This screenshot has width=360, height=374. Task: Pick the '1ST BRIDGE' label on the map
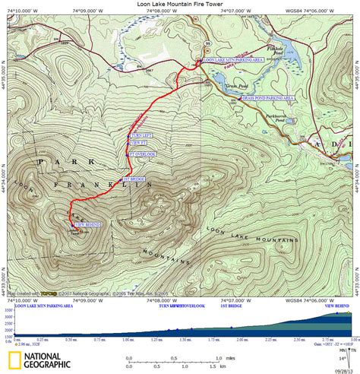pyautogui.click(x=133, y=179)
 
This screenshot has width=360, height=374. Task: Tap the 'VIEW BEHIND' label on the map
pyautogui.click(x=89, y=225)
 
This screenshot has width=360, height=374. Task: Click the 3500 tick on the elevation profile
pyautogui.click(x=7, y=311)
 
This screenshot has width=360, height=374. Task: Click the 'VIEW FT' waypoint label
pyautogui.click(x=138, y=142)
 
